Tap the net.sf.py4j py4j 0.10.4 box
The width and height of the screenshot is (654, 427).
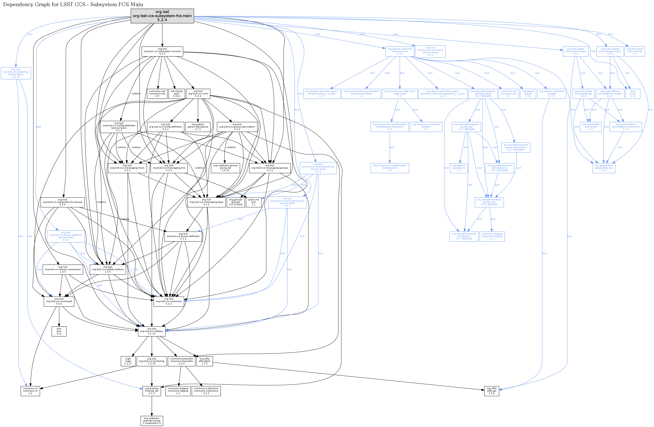[x=176, y=94]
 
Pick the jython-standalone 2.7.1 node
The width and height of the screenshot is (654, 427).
[x=198, y=127]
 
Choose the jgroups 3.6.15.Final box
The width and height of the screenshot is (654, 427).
[x=235, y=202]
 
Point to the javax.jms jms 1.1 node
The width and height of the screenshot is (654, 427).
[x=253, y=202]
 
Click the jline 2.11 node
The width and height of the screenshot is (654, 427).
[x=59, y=331]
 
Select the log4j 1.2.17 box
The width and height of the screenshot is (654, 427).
[x=128, y=361]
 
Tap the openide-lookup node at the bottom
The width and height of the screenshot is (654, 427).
[x=152, y=421]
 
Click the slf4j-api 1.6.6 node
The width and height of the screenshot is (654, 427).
[x=492, y=391]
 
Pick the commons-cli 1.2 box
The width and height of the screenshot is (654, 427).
[x=30, y=391]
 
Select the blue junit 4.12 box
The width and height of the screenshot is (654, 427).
[x=633, y=94]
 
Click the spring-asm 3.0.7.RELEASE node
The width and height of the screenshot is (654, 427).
[x=464, y=236]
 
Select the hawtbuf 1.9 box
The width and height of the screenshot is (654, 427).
[x=426, y=127]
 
